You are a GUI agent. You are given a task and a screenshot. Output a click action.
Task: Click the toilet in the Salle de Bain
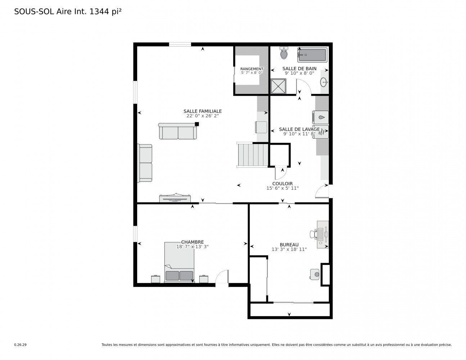[x=284, y=53]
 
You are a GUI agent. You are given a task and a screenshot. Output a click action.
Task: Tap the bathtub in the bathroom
[x=312, y=55]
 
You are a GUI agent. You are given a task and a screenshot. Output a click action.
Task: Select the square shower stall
[x=278, y=86]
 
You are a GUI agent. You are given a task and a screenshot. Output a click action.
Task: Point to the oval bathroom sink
[x=324, y=82]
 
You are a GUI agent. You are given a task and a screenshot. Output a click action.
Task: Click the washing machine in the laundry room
[x=320, y=117]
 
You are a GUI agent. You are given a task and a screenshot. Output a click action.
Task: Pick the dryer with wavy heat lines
[x=320, y=132]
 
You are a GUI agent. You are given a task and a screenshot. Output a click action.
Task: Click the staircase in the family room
[x=252, y=155]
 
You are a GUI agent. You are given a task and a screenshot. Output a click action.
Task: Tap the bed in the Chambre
[x=179, y=262]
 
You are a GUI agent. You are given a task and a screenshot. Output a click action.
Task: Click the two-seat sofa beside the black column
[x=178, y=131]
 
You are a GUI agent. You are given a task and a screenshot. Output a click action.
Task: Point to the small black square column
[x=196, y=124]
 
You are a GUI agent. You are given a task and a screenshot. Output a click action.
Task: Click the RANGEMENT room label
[x=252, y=69]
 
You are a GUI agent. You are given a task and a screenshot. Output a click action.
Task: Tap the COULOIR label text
[x=282, y=184]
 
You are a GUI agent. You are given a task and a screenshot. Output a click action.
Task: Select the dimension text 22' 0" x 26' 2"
[x=203, y=116]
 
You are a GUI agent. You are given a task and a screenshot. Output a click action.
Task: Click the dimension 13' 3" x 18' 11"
[x=289, y=249]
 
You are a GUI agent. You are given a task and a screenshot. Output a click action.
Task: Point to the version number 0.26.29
[x=21, y=345]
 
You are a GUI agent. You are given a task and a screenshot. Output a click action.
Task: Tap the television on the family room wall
[x=175, y=198]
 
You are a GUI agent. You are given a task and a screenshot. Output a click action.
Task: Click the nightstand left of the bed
[x=155, y=279]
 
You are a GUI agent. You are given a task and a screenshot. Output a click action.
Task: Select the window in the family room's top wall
[x=180, y=44]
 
